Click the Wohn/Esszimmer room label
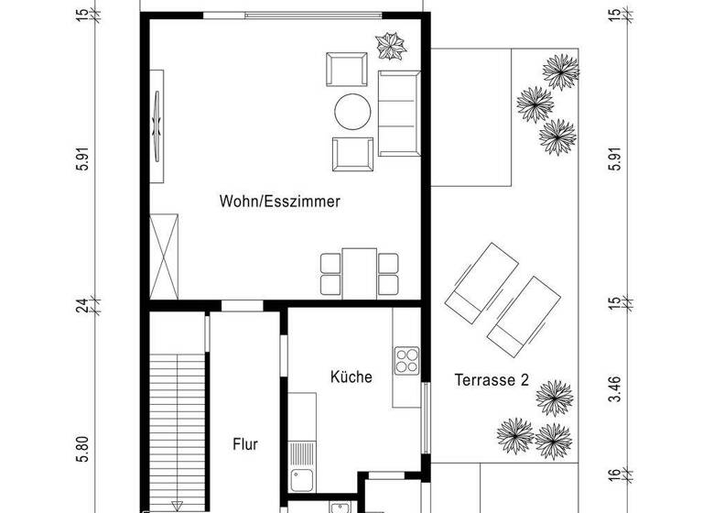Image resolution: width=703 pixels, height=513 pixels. (x=280, y=202)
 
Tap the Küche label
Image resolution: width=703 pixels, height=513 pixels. (x=351, y=376)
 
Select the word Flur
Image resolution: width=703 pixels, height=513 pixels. (x=244, y=445)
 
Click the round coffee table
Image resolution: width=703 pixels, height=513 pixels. (x=352, y=112)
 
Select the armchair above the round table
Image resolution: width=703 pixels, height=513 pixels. (x=349, y=70)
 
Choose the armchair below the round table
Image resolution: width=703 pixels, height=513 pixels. (x=352, y=153)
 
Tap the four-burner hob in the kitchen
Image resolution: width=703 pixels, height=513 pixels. (x=406, y=359)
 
